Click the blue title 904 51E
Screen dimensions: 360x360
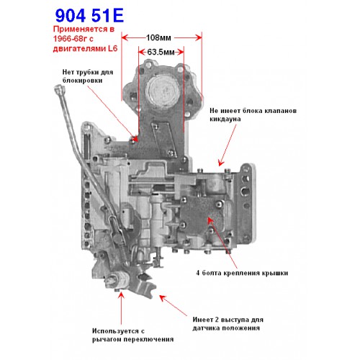[89, 16]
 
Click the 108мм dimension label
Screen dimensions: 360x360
[158, 37]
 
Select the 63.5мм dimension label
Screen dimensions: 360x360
[161, 52]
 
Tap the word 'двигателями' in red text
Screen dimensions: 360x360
[79, 48]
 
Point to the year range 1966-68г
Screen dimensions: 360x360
[71, 39]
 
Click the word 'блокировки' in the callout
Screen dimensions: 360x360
[83, 81]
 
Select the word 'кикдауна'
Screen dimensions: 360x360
[225, 119]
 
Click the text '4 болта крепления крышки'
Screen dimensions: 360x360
[242, 273]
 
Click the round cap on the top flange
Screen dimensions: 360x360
[163, 90]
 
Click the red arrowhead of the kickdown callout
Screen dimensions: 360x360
[221, 163]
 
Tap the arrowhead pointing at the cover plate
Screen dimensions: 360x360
[210, 220]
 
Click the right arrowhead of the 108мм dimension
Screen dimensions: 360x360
[199, 37]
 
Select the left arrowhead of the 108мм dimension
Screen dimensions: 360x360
[125, 37]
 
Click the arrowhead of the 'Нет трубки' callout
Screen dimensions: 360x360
[135, 139]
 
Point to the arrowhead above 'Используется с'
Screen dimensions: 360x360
[122, 295]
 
